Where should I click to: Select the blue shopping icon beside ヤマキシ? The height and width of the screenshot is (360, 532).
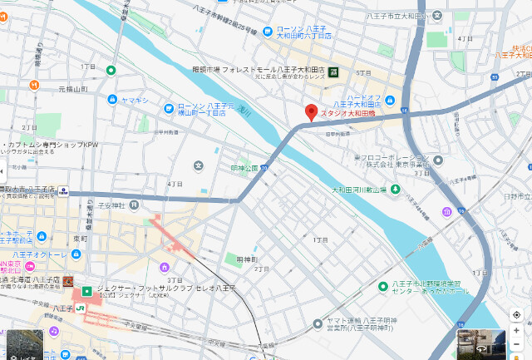(112, 100)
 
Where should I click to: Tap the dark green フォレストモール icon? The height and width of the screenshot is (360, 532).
(333, 72)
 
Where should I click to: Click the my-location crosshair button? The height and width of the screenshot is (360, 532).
(517, 315)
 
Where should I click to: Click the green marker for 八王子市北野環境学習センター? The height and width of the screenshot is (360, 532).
(382, 287)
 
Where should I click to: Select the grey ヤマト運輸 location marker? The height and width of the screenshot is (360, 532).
(321, 324)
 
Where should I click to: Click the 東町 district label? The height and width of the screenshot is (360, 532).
(80, 238)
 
